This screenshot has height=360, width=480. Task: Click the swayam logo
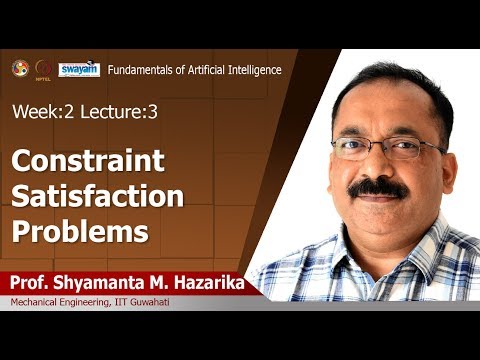pos(77,70)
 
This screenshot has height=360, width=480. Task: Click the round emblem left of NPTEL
pos(19,69)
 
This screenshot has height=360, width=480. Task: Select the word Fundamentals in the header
pos(143,70)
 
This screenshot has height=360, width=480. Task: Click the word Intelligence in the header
pos(251,70)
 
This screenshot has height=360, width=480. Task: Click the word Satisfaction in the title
pos(98,196)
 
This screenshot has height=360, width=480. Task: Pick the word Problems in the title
pos(80,231)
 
